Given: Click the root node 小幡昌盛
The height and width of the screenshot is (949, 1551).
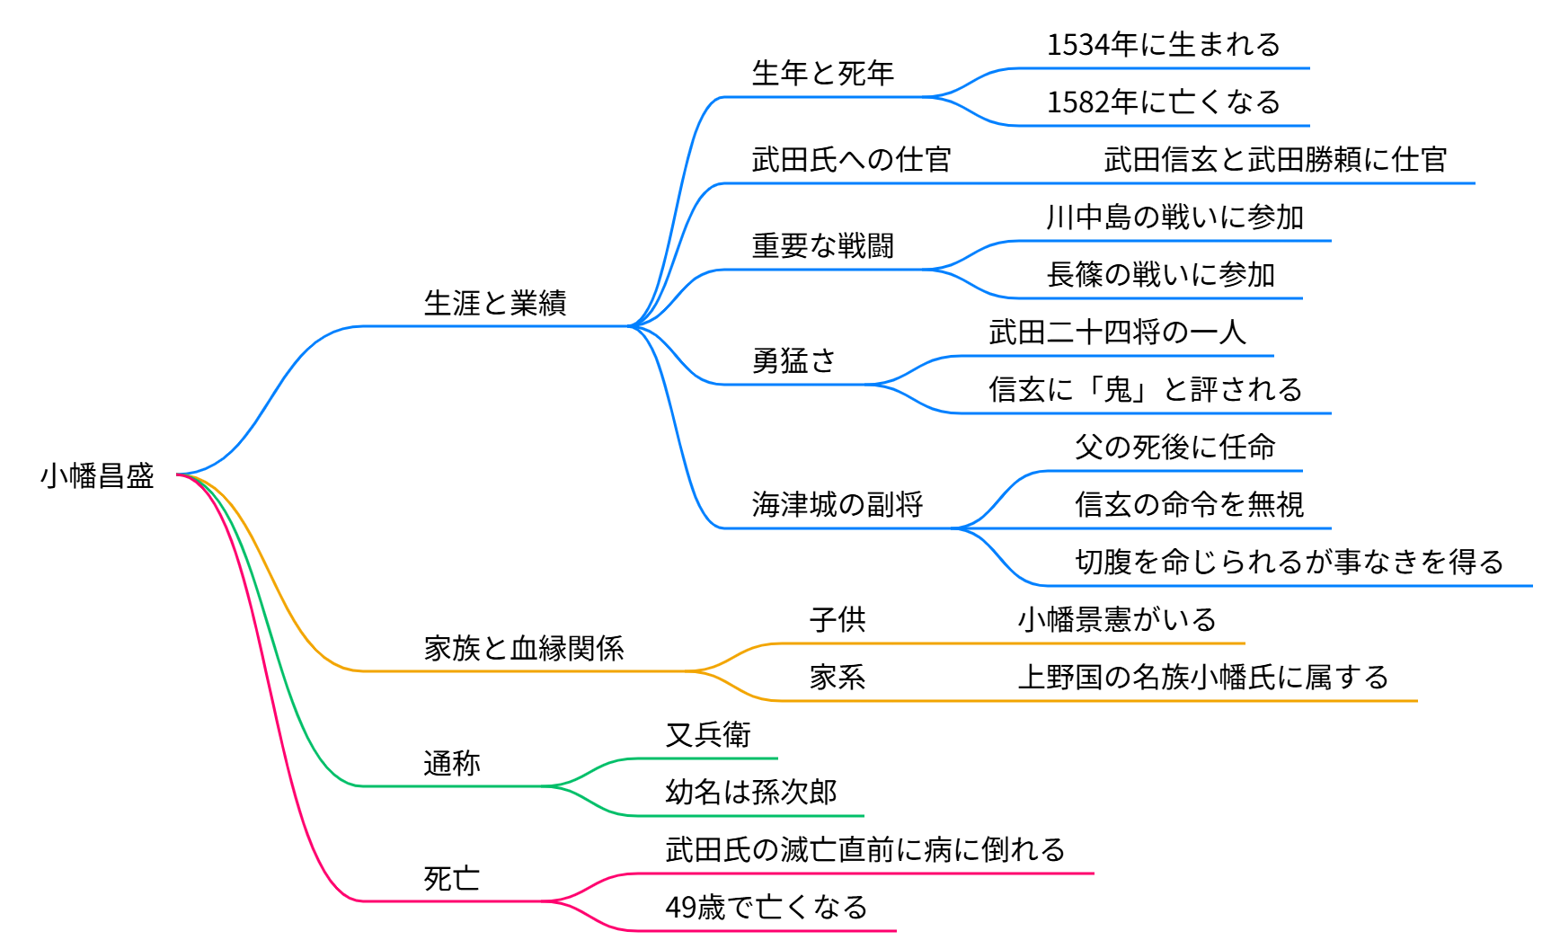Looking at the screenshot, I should (97, 475).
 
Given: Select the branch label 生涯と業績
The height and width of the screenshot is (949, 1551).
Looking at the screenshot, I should (495, 303).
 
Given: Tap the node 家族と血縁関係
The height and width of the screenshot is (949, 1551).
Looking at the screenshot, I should (524, 648).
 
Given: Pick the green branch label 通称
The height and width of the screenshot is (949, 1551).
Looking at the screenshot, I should (452, 763).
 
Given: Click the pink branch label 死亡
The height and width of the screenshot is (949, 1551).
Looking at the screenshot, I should (452, 878).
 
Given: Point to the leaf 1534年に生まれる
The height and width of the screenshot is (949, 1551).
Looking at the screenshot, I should (1164, 44).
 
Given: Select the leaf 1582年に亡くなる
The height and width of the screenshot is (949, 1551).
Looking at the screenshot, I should (1164, 102).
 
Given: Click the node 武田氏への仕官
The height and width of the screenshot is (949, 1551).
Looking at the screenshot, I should (851, 159).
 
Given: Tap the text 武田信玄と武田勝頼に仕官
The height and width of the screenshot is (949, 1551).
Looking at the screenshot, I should (1275, 159).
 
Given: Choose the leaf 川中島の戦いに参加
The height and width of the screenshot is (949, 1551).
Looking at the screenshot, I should (1174, 217).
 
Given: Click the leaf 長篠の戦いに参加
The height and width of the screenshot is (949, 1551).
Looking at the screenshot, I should (1160, 274).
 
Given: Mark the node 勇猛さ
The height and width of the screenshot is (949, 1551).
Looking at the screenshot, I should (793, 360).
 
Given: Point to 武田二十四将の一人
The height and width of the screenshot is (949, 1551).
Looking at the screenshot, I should (1117, 332).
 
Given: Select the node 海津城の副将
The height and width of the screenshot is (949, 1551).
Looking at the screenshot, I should (837, 504).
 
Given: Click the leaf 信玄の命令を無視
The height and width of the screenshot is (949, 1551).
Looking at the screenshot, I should (1189, 504).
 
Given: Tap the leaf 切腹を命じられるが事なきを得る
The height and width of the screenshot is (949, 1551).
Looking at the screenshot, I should (1290, 562).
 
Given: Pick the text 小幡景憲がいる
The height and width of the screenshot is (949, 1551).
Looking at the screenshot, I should (1117, 619).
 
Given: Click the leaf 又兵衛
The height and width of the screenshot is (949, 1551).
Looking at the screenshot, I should (708, 734).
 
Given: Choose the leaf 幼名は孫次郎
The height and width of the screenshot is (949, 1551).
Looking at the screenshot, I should (751, 792).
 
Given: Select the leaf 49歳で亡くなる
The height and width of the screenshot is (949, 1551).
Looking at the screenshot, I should (766, 907).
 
